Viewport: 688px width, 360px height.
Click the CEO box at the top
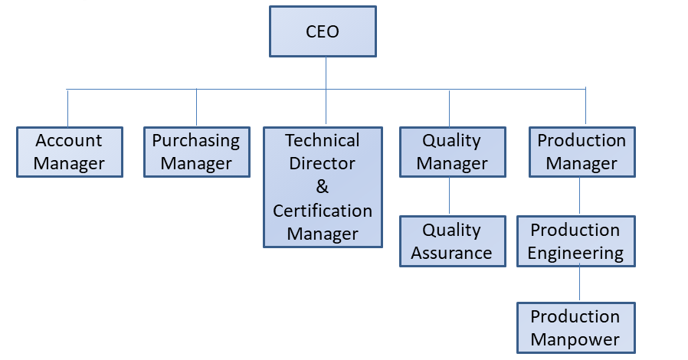point(323,31)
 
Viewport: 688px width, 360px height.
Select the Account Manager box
point(69,152)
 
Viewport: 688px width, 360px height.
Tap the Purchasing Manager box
point(196,152)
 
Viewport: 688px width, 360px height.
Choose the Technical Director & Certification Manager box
point(323,187)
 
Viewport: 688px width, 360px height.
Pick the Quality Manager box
point(452,152)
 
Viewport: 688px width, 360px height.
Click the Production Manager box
point(582,152)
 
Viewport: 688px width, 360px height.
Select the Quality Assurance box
point(452,241)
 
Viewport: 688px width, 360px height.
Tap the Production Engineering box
point(575,241)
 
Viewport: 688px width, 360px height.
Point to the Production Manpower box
point(575,328)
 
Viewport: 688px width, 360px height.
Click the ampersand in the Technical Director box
point(323,187)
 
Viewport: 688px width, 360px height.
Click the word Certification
point(323,211)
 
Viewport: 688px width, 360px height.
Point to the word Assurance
point(452,253)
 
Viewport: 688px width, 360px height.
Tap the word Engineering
point(575,253)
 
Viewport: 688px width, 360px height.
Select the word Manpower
point(575,339)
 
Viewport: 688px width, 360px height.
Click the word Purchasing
point(196,141)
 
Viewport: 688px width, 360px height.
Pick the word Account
point(69,141)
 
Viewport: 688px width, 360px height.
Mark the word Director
point(323,164)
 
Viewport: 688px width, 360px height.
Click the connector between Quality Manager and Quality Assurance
point(449,196)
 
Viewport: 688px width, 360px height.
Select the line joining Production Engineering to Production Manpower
point(579,284)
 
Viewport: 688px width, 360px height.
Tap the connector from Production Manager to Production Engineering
point(579,196)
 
